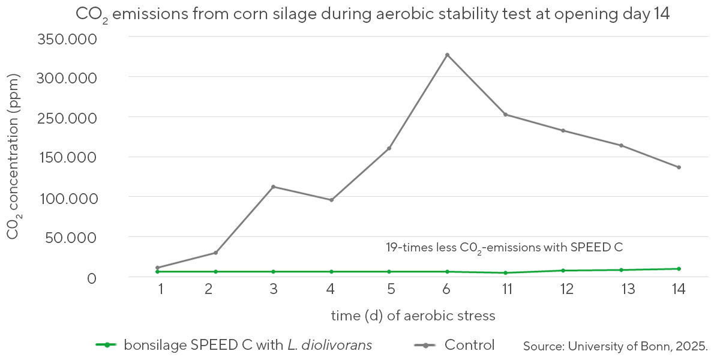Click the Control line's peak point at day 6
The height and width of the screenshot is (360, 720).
pyautogui.click(x=447, y=55)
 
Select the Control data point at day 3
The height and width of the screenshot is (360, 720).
pyautogui.click(x=274, y=187)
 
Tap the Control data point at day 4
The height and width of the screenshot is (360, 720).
pyautogui.click(x=331, y=200)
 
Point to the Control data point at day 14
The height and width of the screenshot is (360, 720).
pyautogui.click(x=679, y=167)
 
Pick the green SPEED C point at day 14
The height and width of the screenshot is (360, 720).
pyautogui.click(x=679, y=269)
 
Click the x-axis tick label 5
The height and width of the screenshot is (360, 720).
pyautogui.click(x=390, y=289)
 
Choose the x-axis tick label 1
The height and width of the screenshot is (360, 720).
pyautogui.click(x=161, y=289)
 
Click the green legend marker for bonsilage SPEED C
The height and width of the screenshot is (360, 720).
pyautogui.click(x=106, y=345)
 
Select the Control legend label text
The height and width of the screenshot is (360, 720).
pyautogui.click(x=469, y=345)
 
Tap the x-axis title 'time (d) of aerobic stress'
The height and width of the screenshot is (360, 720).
pyautogui.click(x=413, y=315)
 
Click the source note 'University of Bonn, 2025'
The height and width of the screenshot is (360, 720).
pyautogui.click(x=616, y=346)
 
